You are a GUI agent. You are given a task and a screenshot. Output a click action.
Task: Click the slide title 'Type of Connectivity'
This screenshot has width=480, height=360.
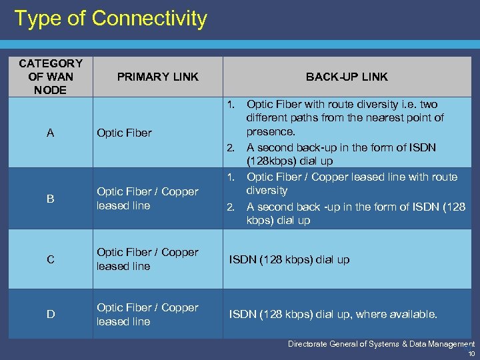(111, 19)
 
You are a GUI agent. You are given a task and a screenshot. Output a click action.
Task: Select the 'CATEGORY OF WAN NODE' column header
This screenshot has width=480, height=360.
(51, 77)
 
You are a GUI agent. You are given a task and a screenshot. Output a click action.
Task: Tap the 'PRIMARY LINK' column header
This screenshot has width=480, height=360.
(157, 77)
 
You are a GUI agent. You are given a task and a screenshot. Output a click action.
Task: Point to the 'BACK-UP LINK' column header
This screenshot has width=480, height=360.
(347, 77)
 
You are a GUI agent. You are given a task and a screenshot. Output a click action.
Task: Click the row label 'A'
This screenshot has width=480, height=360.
(51, 133)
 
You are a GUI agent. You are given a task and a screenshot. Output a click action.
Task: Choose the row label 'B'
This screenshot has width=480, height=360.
(51, 199)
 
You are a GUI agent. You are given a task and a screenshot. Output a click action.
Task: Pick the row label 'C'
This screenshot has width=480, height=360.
(51, 259)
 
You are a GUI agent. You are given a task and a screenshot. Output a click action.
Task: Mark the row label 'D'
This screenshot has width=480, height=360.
(51, 315)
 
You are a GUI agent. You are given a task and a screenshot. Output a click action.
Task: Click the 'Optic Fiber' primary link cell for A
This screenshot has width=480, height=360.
(124, 133)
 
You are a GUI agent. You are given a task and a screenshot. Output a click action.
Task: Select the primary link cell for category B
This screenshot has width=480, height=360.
(147, 199)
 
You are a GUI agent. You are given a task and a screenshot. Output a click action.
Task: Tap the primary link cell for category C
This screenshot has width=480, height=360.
(147, 259)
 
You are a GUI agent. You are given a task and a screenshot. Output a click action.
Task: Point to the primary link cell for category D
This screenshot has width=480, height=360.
(147, 315)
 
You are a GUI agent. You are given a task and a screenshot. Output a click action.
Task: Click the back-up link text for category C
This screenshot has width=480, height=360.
(289, 259)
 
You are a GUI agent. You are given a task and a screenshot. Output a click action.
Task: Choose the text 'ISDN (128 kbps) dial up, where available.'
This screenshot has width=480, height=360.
(333, 315)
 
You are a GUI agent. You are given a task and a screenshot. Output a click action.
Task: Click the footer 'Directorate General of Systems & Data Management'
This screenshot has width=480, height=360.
(381, 344)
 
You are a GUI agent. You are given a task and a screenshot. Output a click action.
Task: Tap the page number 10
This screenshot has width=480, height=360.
(471, 353)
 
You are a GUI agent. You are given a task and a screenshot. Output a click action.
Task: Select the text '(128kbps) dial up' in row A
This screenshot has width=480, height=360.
(290, 161)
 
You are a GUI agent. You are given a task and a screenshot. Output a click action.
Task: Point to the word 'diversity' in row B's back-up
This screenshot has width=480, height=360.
(267, 190)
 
